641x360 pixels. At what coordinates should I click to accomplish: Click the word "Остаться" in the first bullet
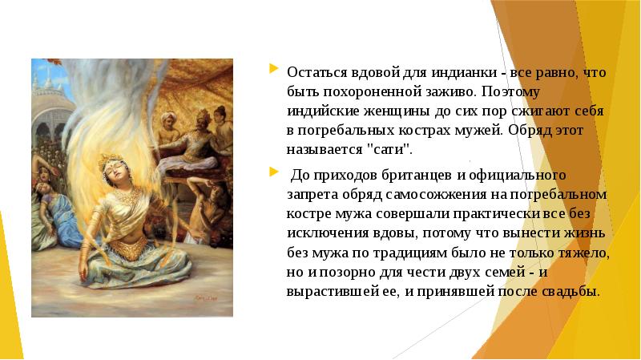pyautogui.click(x=313, y=72)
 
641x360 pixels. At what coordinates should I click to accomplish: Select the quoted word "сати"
pyautogui.click(x=377, y=149)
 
